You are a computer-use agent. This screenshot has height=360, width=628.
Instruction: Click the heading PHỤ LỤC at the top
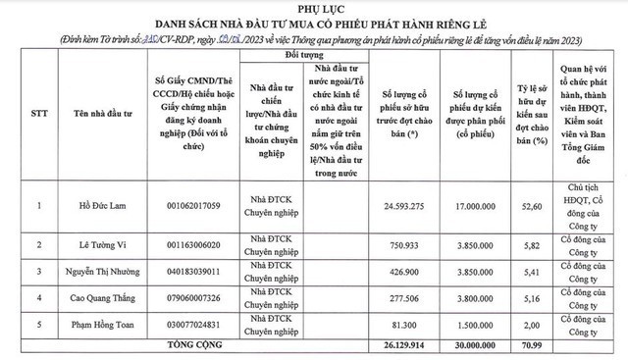click(315, 10)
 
